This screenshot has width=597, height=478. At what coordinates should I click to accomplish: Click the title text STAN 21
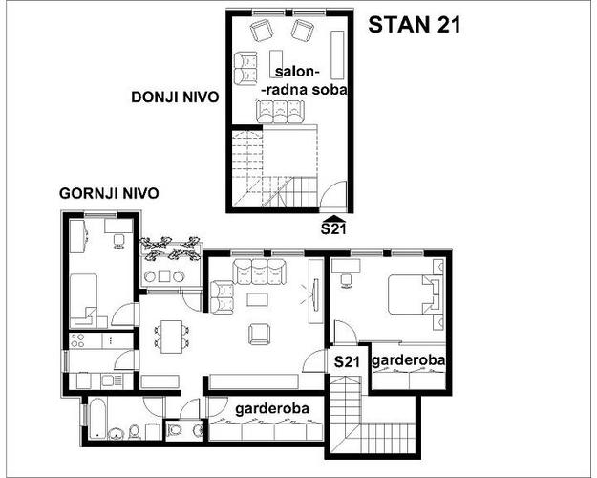click(415, 25)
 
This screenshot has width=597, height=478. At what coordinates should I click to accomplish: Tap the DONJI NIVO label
click(175, 98)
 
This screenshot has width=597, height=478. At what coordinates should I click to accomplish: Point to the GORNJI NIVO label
click(109, 193)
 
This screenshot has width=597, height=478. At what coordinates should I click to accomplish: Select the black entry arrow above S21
click(334, 218)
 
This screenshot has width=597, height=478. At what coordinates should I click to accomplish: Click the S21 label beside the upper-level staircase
click(347, 361)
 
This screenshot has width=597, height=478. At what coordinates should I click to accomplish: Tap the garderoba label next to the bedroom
click(408, 360)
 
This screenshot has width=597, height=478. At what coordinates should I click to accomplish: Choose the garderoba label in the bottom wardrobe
click(272, 408)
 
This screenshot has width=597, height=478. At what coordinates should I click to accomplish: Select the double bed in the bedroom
click(416, 294)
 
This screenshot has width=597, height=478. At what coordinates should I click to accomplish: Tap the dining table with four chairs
click(171, 337)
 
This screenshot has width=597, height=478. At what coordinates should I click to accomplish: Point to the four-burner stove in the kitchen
click(77, 340)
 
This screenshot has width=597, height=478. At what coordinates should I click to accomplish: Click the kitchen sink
click(107, 380)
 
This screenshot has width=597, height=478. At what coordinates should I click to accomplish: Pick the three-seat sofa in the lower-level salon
click(280, 112)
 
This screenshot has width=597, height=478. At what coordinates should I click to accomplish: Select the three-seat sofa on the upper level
click(260, 271)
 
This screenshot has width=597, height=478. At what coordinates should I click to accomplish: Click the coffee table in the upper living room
click(257, 299)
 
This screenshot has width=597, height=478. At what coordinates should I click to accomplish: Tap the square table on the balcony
click(165, 276)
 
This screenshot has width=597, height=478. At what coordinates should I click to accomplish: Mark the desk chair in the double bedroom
click(346, 281)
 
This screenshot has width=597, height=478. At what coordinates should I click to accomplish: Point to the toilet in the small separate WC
click(175, 430)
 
